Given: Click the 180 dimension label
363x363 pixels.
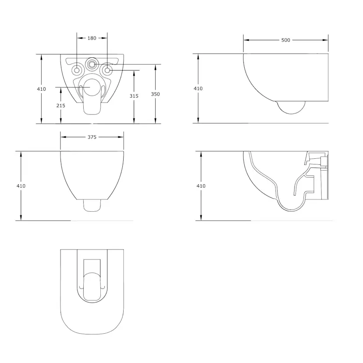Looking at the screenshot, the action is [92, 38].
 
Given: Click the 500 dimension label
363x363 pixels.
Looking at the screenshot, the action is [286, 40].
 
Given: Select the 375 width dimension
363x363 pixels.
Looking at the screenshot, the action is [92, 137].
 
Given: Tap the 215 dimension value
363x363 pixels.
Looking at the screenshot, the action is [61, 106].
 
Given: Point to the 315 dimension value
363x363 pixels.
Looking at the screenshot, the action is [134, 96].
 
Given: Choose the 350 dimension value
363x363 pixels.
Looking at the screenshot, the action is [155, 94].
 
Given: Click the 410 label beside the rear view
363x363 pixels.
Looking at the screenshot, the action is [42, 89].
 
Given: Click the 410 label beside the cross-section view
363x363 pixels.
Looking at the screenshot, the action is [201, 186].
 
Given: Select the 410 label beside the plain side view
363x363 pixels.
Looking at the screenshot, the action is [198, 89].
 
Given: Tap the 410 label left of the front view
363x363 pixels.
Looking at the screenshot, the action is [21, 186].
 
